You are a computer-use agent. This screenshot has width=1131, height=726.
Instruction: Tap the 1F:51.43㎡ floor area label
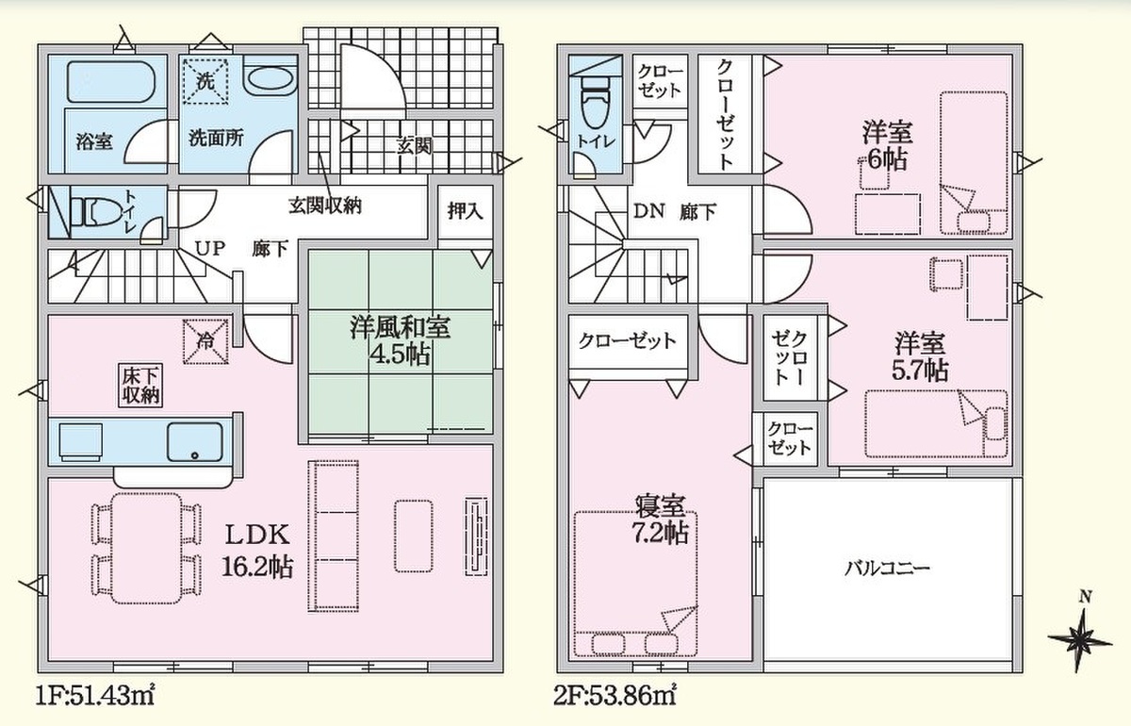click(94, 696)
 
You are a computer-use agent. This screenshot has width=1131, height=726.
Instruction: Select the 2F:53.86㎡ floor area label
click(615, 696)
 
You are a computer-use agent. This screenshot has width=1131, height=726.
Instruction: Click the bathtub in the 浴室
click(110, 81)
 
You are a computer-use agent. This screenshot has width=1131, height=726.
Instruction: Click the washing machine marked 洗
click(205, 81)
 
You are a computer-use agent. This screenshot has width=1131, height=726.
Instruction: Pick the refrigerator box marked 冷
click(205, 341)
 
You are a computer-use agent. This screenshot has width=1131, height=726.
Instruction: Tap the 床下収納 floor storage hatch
click(140, 385)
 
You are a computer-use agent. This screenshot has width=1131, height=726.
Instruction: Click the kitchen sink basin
click(195, 442)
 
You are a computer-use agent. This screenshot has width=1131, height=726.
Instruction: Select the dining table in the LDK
click(146, 548)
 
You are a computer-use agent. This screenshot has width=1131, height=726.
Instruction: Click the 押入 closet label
click(465, 211)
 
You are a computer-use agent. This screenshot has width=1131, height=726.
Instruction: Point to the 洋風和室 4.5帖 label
click(400, 341)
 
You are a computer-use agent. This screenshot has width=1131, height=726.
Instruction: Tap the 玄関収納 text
click(325, 206)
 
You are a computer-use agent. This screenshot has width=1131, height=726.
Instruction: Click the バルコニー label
click(887, 569)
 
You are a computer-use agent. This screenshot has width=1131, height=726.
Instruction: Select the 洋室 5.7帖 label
click(920, 356)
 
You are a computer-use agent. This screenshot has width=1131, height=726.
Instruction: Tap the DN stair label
click(648, 210)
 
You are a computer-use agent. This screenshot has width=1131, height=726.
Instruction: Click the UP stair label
click(209, 248)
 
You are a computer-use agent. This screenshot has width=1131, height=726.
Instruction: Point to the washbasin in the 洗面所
click(270, 81)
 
